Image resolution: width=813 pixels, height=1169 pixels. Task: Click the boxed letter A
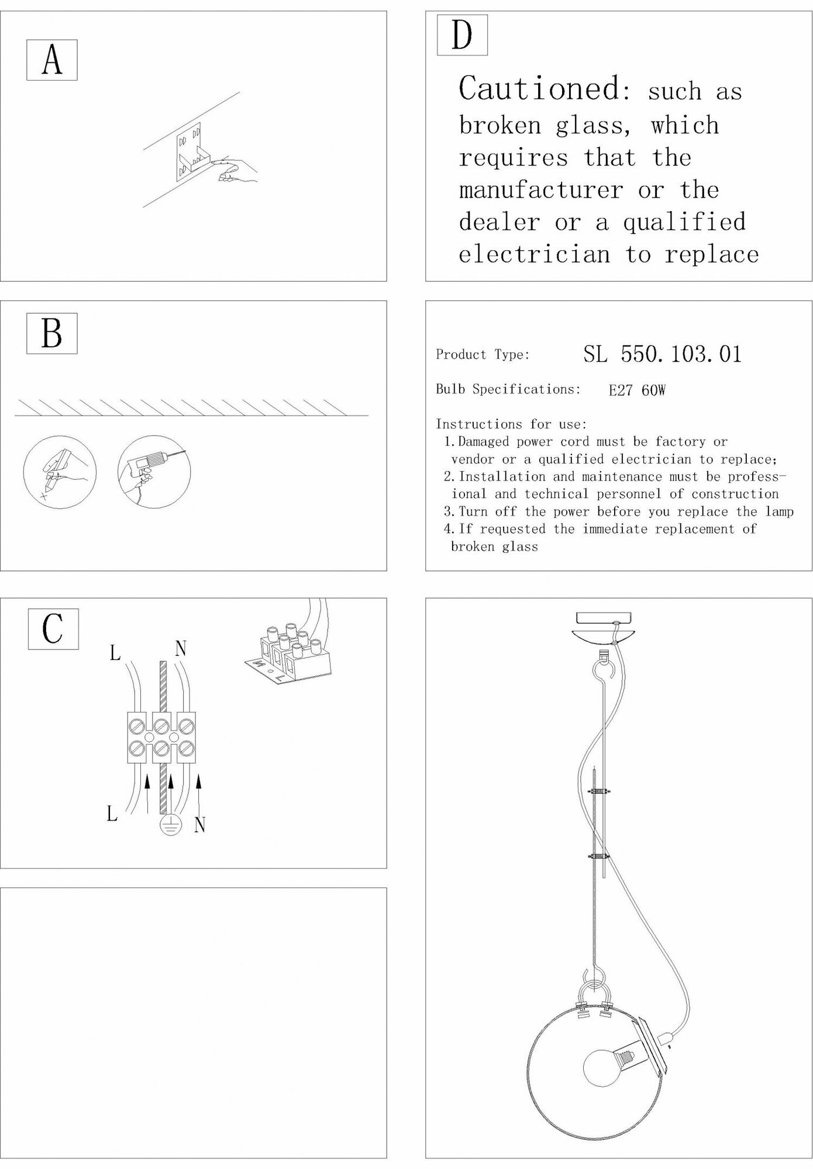pos(52,60)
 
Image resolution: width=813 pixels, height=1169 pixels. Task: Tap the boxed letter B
pos(52,333)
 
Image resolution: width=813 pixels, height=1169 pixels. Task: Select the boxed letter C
pos(53,629)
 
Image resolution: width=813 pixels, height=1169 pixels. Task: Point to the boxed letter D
pos(462,35)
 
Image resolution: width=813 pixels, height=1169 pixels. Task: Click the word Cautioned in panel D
pos(538,89)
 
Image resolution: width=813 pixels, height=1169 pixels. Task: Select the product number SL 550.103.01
pos(662,354)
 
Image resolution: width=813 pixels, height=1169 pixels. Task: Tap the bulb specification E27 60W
pos(637,390)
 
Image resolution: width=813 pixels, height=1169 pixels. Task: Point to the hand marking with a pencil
pos(59,471)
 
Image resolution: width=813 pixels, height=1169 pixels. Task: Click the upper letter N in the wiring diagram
pos(181,648)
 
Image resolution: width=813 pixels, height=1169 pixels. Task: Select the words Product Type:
pos(483,355)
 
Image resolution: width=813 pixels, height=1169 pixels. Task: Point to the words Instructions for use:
pos(511,424)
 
